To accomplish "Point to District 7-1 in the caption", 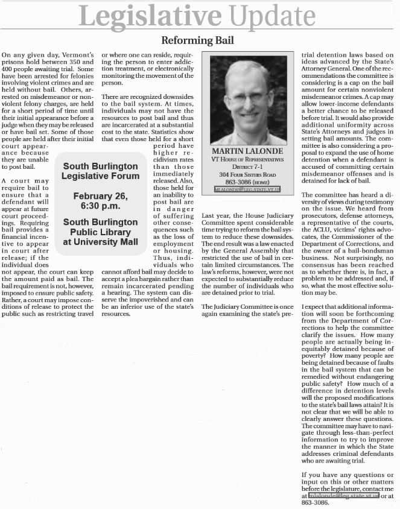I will pos(247,166).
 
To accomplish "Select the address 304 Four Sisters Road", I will pos(247,174).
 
